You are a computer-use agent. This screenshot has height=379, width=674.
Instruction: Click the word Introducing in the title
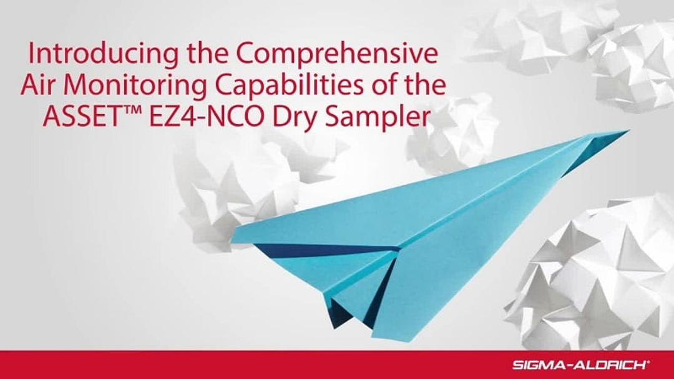coord(87,55)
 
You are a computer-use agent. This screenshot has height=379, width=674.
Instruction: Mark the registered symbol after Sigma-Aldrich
coord(632,362)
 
